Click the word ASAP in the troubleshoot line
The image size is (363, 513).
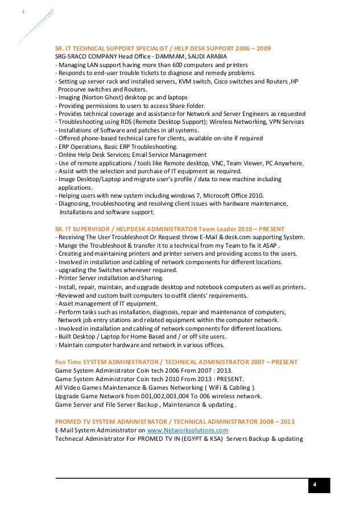270,245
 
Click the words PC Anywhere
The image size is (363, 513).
284,163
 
